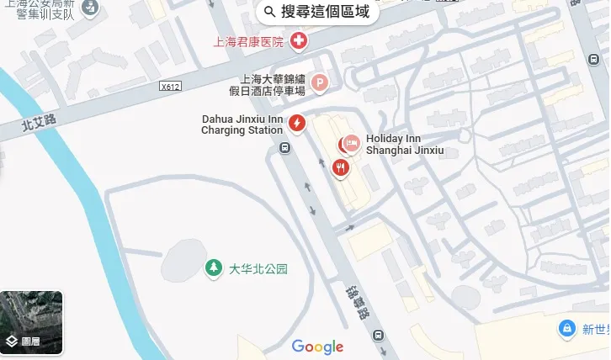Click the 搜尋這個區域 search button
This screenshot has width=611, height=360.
click(316, 12)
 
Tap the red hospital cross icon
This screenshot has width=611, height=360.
click(298, 40)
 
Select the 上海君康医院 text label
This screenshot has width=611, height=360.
click(248, 41)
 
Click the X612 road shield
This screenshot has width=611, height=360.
click(171, 86)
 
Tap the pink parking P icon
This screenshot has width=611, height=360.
click(320, 82)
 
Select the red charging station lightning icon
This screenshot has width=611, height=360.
click(296, 124)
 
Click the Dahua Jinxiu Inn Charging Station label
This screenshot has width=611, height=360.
click(242, 124)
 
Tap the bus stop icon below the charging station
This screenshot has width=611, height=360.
click(285, 149)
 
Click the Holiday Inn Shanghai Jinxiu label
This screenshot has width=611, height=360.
click(404, 145)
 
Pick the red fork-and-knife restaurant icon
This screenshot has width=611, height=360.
click(340, 167)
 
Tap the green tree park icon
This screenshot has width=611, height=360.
click(214, 268)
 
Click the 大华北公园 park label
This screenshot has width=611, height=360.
click(258, 269)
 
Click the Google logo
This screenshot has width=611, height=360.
click(317, 347)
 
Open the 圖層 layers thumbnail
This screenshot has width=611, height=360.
click(31, 322)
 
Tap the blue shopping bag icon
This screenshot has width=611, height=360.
click(568, 327)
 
